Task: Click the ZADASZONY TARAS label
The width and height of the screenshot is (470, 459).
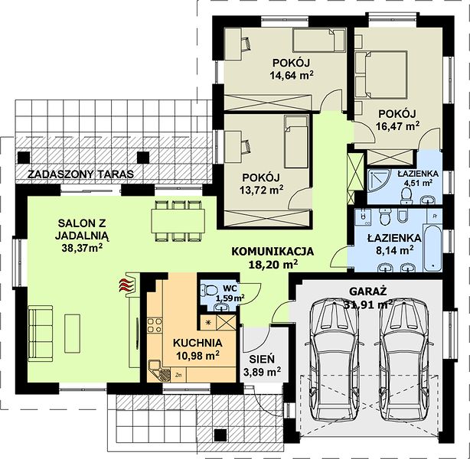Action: pyautogui.click(x=80, y=174)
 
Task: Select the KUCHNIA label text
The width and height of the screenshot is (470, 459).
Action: pyautogui.click(x=197, y=343)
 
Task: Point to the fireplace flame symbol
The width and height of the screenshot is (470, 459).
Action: pyautogui.click(x=126, y=285)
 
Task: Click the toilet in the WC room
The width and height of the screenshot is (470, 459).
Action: pyautogui.click(x=209, y=290)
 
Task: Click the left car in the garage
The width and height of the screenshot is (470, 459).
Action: pyautogui.click(x=335, y=361)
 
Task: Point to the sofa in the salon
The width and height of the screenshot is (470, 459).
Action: pyautogui.click(x=41, y=332)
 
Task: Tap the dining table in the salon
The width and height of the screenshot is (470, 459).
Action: pyautogui.click(x=178, y=221)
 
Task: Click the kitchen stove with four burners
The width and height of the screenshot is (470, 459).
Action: pyautogui.click(x=155, y=325)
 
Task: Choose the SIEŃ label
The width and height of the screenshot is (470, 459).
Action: pyautogui.click(x=261, y=359)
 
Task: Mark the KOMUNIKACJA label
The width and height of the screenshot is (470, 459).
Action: pyautogui.click(x=273, y=251)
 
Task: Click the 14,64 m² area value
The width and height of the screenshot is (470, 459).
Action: pyautogui.click(x=292, y=75)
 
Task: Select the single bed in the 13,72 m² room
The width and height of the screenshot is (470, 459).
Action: pyautogui.click(x=296, y=142)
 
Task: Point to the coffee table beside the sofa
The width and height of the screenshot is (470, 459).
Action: pyautogui.click(x=72, y=334)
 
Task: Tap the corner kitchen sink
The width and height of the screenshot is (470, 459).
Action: pyautogui.click(x=160, y=371)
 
